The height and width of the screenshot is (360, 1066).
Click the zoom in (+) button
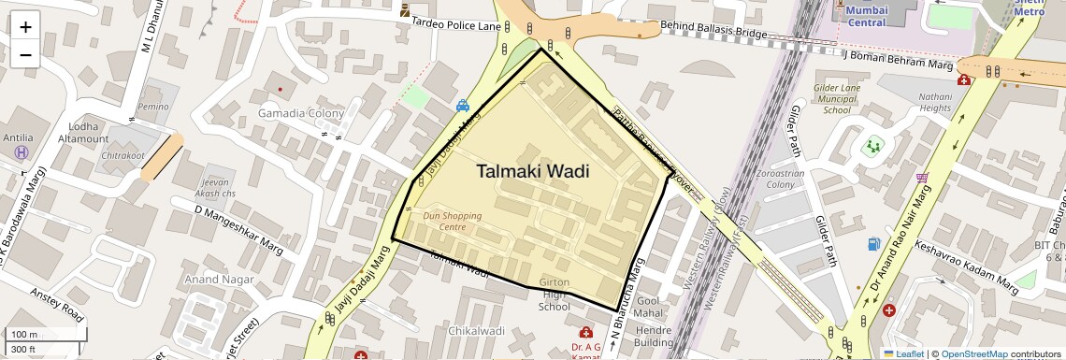pyautogui.click(x=25, y=26)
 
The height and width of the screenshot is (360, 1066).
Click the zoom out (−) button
pyautogui.click(x=25, y=54)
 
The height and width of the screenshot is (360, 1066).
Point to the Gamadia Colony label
pyautogui.click(x=301, y=113)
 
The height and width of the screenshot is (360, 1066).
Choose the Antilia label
pyautogui.click(x=18, y=137)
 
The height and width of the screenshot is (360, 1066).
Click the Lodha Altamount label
pyautogui.click(x=82, y=132)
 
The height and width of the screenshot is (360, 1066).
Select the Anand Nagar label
pyautogui.click(x=219, y=279)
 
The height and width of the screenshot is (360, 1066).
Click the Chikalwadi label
pyautogui.click(x=476, y=331)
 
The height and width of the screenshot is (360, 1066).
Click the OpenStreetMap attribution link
pyautogui.click(x=973, y=353)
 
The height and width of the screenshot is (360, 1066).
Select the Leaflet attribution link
pyautogui.click(x=902, y=353)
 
